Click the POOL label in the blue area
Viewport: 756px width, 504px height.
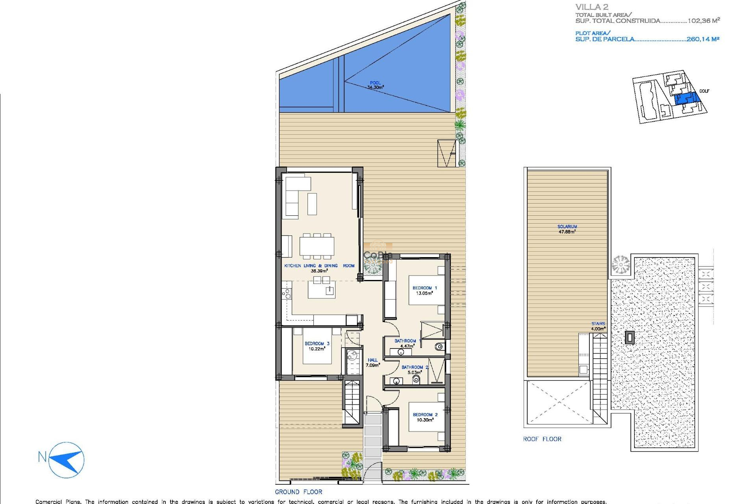[x=375, y=83]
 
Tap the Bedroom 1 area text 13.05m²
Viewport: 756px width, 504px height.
[x=424, y=293]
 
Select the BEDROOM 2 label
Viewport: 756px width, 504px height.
[x=425, y=415]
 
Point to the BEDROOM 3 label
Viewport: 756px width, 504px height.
[x=317, y=343]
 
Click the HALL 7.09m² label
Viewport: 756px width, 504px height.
[x=372, y=363]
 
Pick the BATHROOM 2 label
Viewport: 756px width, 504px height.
[x=415, y=367]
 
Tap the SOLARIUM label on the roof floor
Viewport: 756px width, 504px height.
[x=567, y=226]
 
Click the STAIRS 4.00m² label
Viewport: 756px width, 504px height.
[x=598, y=326]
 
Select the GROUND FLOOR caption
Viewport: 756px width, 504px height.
[x=298, y=492]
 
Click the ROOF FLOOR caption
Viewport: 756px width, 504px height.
[x=542, y=439]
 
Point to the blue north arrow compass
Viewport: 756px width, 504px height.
[x=67, y=460]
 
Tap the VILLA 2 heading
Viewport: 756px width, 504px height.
[x=591, y=7]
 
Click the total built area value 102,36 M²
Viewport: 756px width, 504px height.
[x=704, y=21]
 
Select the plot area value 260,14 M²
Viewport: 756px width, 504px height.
[x=703, y=39]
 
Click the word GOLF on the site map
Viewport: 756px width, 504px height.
[x=704, y=91]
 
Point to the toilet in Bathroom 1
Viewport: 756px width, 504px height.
[x=439, y=347]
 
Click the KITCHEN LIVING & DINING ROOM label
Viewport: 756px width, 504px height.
[x=319, y=266]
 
